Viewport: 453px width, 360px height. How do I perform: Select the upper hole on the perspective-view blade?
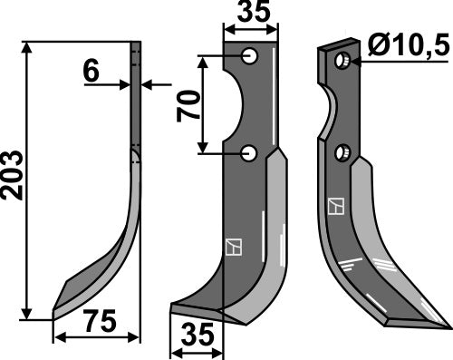(342, 61)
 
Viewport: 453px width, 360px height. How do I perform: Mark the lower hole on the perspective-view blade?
(342, 152)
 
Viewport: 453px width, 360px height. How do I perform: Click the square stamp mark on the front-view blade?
(230, 246)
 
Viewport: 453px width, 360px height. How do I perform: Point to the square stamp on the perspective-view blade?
(336, 207)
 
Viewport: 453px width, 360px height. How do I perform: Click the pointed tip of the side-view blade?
(54, 312)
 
